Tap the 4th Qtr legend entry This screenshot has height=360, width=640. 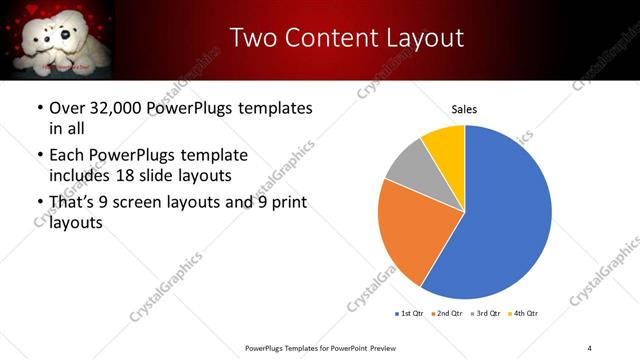(x=526, y=314)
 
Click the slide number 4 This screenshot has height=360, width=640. (x=590, y=347)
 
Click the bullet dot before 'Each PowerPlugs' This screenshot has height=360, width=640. (x=38, y=156)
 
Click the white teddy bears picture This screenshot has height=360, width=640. (x=58, y=38)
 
